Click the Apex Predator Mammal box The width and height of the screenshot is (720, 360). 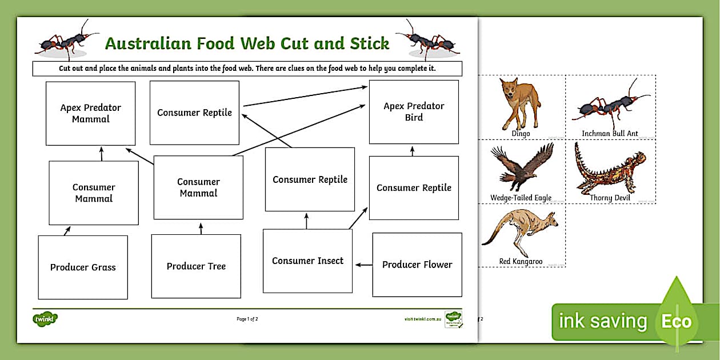coord(90,113)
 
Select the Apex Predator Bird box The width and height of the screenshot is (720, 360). coord(414,111)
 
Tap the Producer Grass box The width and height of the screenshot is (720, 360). coord(83,267)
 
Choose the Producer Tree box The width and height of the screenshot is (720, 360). coord(196,266)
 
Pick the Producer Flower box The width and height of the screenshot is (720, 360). coord(417,265)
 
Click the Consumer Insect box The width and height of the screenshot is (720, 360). coord(307,261)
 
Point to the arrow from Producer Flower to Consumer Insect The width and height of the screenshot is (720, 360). coord(363,265)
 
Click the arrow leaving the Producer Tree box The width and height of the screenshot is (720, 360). coord(201,229)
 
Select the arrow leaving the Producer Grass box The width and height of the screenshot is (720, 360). coord(67,231)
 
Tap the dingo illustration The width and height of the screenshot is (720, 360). coord(519,103)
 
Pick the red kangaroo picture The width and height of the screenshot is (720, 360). coord(520,233)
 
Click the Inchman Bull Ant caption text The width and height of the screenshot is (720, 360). coord(610,134)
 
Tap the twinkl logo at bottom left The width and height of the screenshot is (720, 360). coord(45,319)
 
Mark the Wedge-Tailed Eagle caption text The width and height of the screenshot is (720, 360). coord(521,198)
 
